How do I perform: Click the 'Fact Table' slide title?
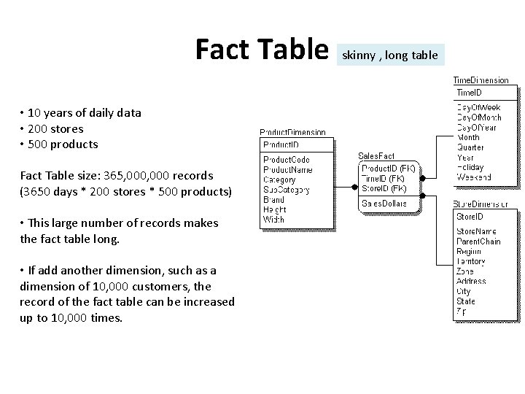pos(262,49)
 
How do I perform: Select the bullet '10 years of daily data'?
pos(84,112)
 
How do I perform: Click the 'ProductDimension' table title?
pos(292,132)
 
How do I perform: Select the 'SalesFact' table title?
pos(376,155)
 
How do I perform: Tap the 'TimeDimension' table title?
pos(481,80)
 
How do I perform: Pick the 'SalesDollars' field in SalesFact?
pos(385,203)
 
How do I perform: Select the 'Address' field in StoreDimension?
pos(472,281)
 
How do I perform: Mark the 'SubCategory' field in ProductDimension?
pos(287,189)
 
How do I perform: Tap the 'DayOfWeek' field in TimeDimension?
pos(479,107)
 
